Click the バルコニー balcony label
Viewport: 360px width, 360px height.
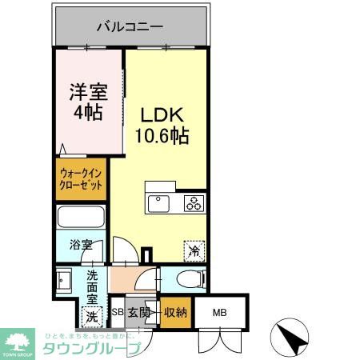click(x=130, y=26)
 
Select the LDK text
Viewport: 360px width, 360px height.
click(x=166, y=115)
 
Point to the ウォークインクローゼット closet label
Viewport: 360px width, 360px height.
click(x=81, y=179)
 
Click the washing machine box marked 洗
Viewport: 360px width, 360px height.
click(x=91, y=315)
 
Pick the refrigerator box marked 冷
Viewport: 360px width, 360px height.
click(x=194, y=250)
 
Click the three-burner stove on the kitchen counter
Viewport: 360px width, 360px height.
click(x=194, y=202)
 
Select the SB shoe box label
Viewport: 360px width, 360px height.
click(x=117, y=312)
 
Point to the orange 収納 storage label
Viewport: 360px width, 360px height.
click(x=175, y=312)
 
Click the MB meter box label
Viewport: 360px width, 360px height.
click(x=218, y=312)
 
